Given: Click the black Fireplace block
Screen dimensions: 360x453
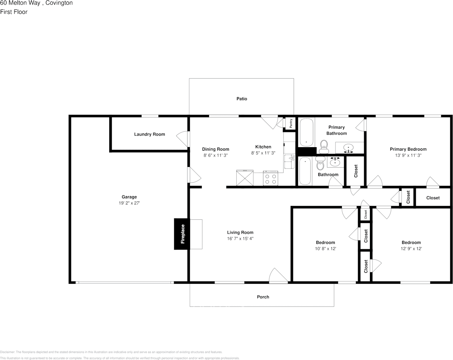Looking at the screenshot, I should click(182, 234).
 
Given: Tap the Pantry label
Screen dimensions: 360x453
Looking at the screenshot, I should click(290, 123).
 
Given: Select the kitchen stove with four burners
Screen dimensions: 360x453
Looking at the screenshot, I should click(271, 178).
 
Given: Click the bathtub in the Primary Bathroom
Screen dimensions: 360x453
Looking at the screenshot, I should click(306, 132).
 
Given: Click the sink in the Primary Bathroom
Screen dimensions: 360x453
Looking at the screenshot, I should click(348, 148).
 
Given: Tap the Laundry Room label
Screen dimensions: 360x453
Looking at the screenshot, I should click(149, 134).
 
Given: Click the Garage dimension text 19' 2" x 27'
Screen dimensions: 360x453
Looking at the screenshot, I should click(129, 203).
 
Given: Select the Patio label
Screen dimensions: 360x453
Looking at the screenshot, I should click(242, 99).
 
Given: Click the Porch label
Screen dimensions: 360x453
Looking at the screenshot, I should click(263, 297).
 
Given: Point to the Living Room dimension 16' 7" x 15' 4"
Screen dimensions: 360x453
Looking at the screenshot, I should click(240, 239).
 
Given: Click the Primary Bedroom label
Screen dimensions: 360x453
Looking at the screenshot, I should click(408, 149).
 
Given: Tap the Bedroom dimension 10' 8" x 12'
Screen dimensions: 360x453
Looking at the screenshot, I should click(326, 248).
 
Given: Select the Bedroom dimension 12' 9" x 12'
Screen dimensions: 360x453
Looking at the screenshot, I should click(411, 248).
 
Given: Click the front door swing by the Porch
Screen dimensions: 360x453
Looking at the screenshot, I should click(277, 275).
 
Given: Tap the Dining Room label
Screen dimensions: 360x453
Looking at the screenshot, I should click(215, 149).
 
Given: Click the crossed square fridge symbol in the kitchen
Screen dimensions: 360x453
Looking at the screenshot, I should click(245, 178).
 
